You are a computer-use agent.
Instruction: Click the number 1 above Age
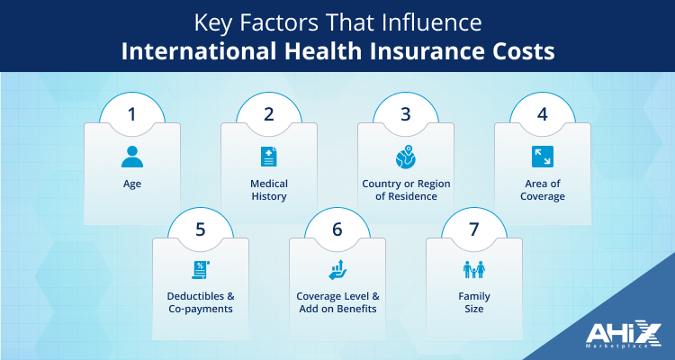(131, 115)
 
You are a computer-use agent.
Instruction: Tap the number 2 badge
(268, 115)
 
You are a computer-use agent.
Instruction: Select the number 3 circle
(405, 115)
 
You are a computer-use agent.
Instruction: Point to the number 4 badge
(542, 115)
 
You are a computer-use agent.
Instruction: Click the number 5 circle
(200, 229)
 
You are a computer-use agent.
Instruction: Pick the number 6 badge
(337, 229)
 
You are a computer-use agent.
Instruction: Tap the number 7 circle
(473, 229)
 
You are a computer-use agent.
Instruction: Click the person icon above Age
(131, 157)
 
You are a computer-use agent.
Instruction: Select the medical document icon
(268, 157)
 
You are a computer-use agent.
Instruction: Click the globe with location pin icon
(405, 157)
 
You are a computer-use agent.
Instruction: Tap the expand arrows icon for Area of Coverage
(542, 157)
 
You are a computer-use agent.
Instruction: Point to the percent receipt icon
(200, 269)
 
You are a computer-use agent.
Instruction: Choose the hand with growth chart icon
(337, 269)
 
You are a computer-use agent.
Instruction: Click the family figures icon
(473, 269)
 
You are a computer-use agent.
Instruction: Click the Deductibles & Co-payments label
(200, 302)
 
